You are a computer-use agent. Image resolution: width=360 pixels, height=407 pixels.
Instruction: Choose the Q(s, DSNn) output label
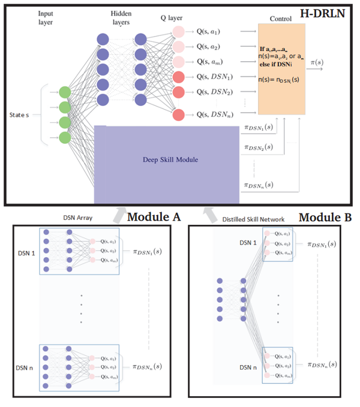215,114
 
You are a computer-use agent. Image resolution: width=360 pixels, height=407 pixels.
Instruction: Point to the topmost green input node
64,92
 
